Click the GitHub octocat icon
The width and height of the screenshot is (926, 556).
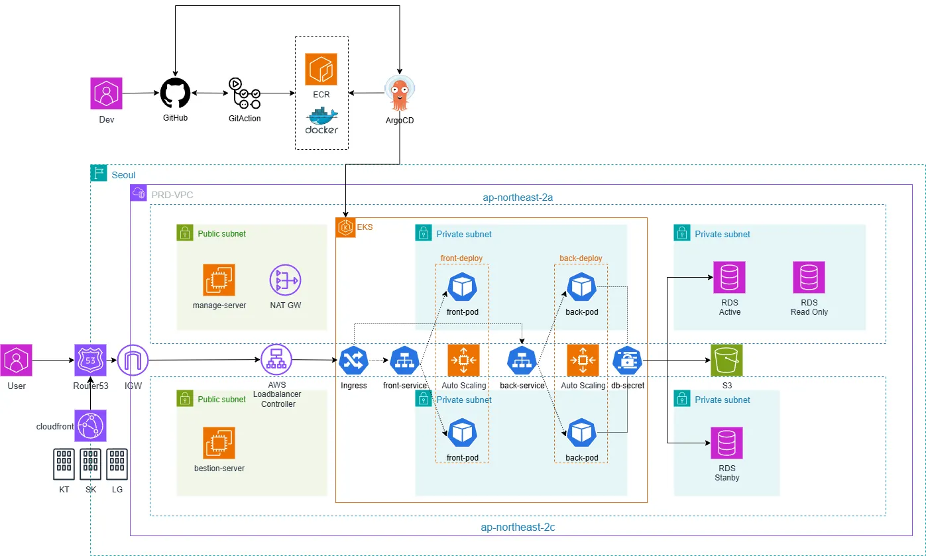[176, 93]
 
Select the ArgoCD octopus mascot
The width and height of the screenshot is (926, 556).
[399, 93]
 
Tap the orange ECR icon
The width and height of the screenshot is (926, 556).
[321, 70]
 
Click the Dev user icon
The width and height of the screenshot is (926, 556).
[107, 93]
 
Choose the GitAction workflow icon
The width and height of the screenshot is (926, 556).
[245, 93]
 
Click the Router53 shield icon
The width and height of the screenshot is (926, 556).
[90, 361]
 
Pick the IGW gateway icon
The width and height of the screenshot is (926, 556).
[133, 361]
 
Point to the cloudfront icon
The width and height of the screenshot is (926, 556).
[91, 425]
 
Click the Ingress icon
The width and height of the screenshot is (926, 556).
[354, 361]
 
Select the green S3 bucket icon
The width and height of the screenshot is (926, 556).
[726, 361]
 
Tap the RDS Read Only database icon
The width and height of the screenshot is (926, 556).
[809, 278]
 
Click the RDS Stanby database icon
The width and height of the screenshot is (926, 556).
[726, 443]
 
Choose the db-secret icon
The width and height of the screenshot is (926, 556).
[626, 361]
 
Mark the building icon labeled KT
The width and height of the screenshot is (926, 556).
[64, 464]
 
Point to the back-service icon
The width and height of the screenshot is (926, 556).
[522, 361]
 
